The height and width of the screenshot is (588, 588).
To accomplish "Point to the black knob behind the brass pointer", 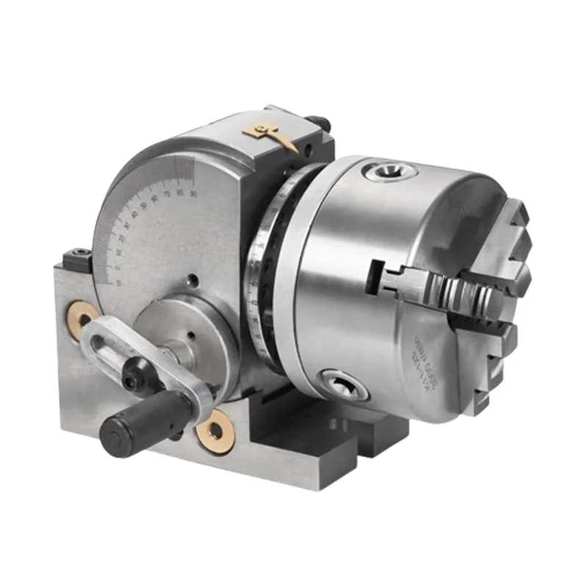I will [315, 122].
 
